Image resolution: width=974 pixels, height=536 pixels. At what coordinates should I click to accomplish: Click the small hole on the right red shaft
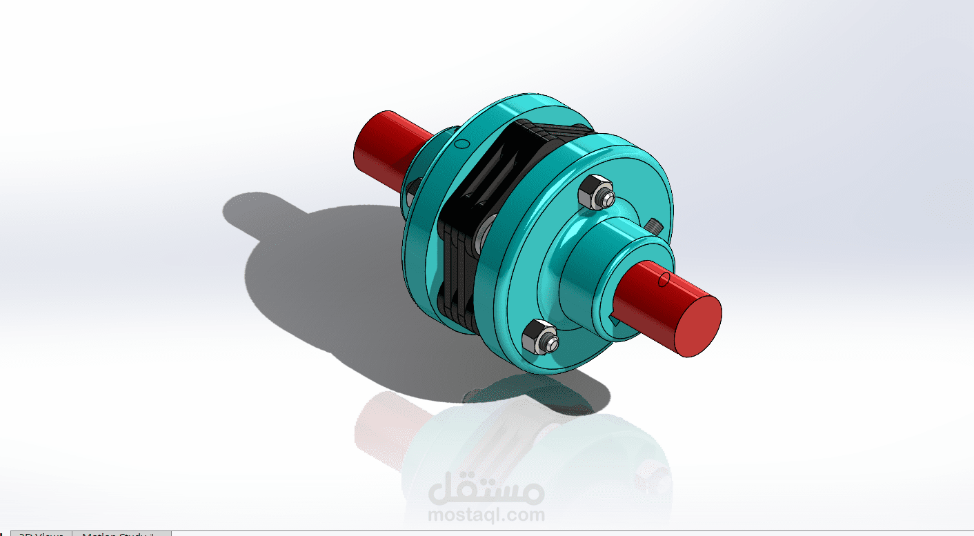tap(664, 279)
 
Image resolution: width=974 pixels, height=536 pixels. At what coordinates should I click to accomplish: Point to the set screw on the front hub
tap(652, 225)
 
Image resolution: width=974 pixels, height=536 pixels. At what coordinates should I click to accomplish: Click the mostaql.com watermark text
tap(486, 515)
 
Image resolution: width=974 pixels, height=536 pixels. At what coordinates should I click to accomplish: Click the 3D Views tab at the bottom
tap(41, 533)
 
